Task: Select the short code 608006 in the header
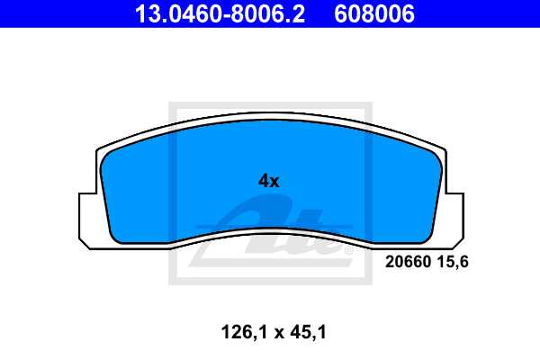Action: pos(374,13)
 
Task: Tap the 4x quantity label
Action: pos(269,180)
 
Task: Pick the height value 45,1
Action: pos(305,333)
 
